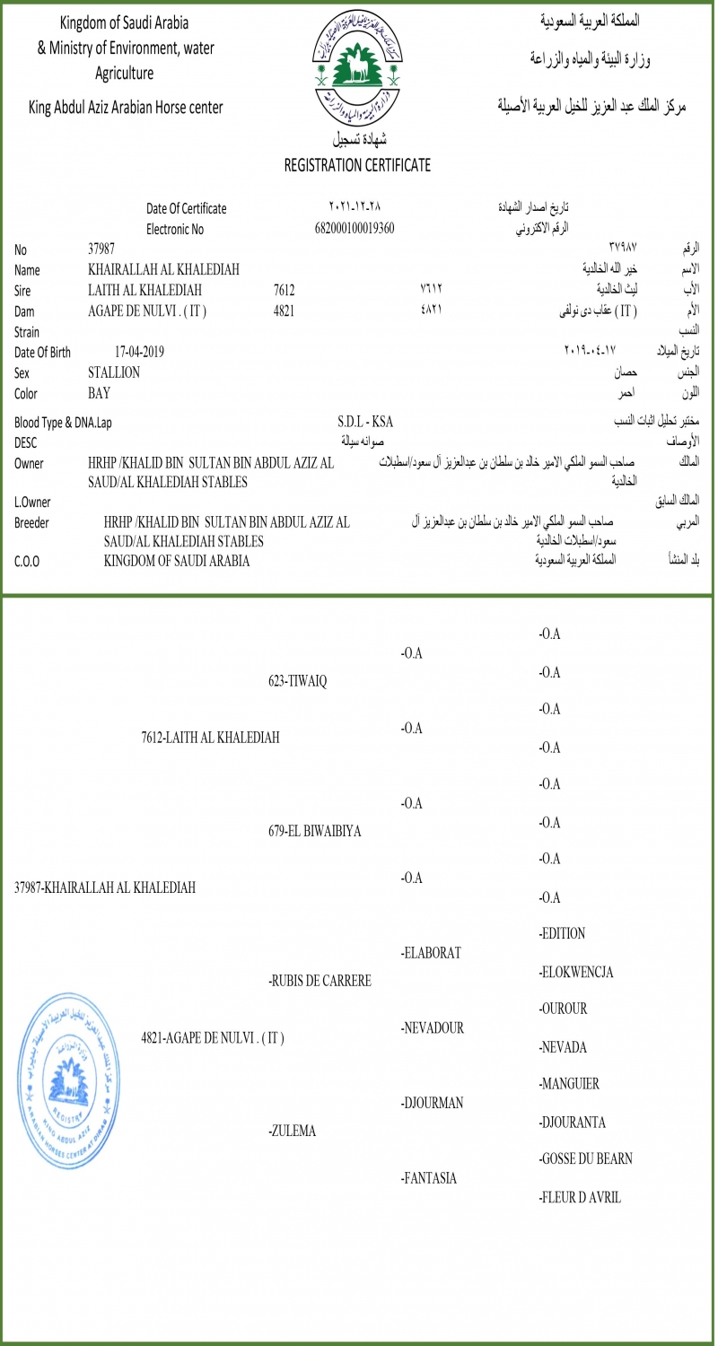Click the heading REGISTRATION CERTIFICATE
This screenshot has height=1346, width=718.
click(x=357, y=165)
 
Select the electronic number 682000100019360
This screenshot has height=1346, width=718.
click(x=355, y=228)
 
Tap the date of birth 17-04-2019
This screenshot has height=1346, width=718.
click(x=140, y=352)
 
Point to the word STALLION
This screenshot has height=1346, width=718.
click(x=114, y=372)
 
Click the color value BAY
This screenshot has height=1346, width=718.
click(x=99, y=393)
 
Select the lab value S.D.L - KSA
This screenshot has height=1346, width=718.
click(x=365, y=422)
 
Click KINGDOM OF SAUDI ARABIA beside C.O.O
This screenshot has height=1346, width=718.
click(x=177, y=561)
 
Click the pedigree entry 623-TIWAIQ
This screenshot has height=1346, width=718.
click(x=298, y=681)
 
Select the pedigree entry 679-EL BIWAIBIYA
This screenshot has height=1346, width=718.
click(x=315, y=832)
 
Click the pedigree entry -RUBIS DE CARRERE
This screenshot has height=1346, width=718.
click(x=320, y=982)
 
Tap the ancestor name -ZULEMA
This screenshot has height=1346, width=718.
click(x=293, y=1132)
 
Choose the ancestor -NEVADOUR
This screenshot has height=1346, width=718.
click(x=433, y=1028)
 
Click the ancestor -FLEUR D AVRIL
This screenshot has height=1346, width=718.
click(x=580, y=1197)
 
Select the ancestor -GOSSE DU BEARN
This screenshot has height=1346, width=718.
click(x=585, y=1159)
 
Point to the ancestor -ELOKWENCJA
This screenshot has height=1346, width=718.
click(x=576, y=972)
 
